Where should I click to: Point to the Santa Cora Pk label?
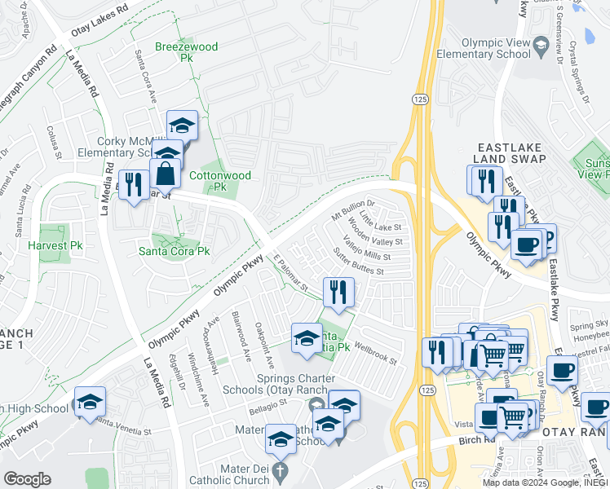pyautogui.click(x=174, y=251)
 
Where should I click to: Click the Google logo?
pyautogui.click(x=28, y=478)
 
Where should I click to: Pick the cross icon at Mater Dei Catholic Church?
pyautogui.click(x=279, y=471)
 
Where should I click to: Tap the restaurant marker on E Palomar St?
pyautogui.click(x=338, y=291)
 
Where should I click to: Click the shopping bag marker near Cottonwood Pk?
pyautogui.click(x=166, y=174)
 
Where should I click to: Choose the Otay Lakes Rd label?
pyautogui.click(x=102, y=11)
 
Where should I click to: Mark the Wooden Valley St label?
pyautogui.click(x=375, y=232)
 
